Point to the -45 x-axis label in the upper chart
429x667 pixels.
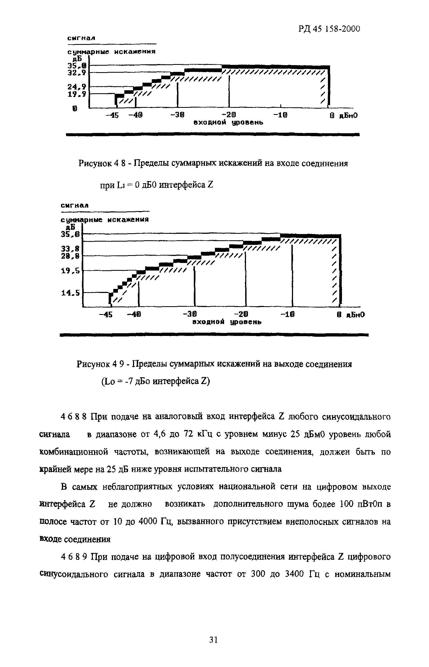(112, 116)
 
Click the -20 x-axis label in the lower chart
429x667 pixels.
(241, 315)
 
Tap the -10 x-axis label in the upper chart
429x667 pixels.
(280, 116)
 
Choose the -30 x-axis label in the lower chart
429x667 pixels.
(190, 315)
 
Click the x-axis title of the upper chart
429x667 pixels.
(228, 122)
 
